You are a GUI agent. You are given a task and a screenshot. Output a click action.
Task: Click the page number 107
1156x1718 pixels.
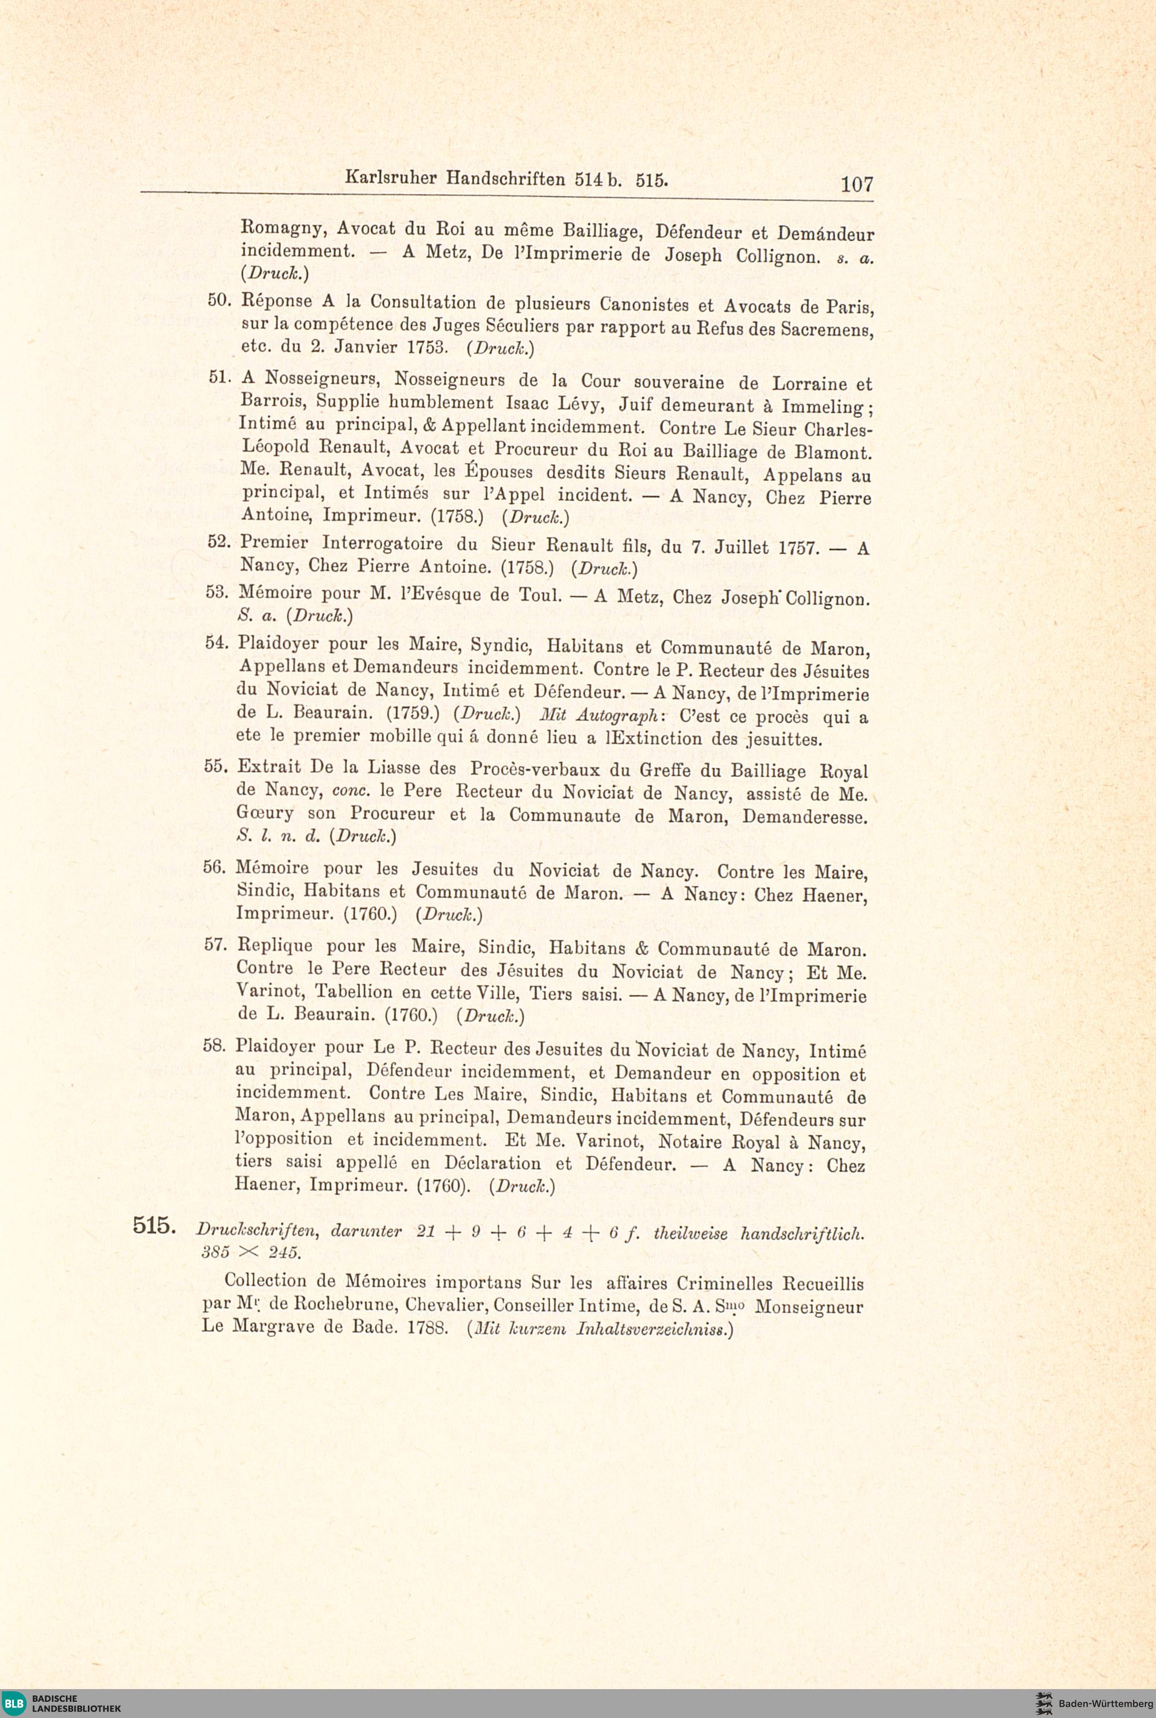point(857,184)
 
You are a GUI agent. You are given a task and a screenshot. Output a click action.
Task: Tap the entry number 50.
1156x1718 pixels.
point(220,300)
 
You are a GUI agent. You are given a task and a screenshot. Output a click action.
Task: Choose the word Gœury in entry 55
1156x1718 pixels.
point(265,813)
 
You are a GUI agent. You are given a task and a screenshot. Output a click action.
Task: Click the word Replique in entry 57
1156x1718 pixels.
point(274,946)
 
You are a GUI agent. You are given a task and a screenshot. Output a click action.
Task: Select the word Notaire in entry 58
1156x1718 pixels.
point(691,1142)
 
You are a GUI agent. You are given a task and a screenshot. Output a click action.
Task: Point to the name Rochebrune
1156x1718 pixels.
point(346,1305)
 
